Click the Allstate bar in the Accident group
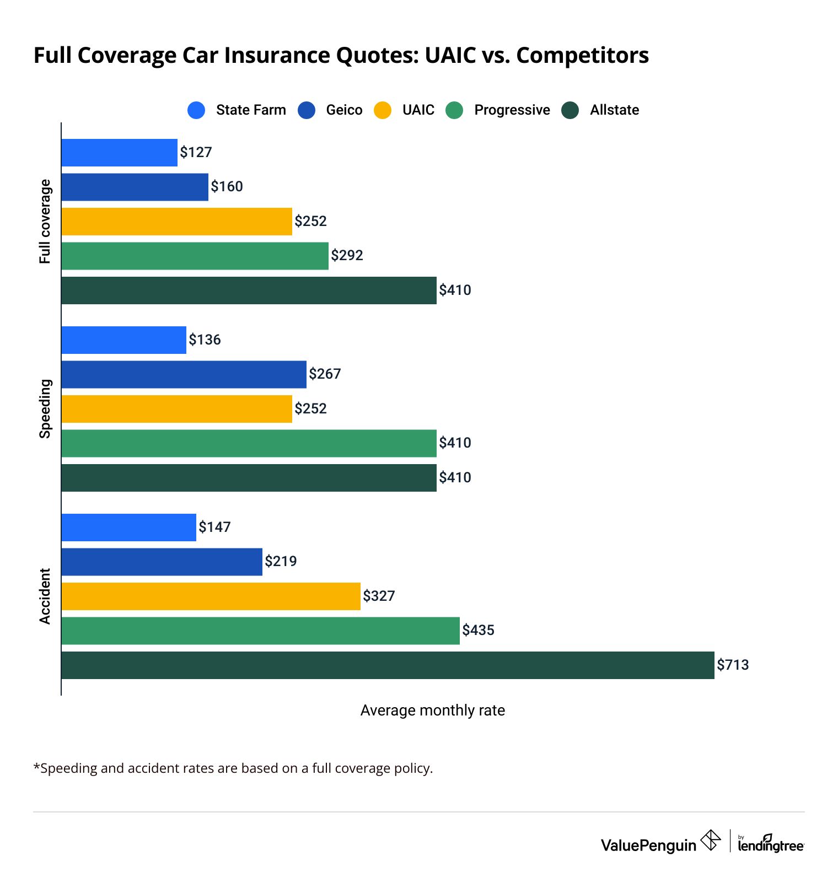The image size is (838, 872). (388, 665)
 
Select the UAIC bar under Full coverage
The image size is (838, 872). (176, 221)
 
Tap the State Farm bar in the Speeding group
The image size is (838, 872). (123, 340)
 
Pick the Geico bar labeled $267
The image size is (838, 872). (184, 374)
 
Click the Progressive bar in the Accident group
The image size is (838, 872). (260, 631)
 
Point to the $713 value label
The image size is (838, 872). (733, 665)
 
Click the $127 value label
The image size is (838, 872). (196, 152)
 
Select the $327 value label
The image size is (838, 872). (379, 596)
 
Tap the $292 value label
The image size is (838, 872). (347, 255)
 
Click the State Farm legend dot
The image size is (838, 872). (196, 110)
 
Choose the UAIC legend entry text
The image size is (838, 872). (418, 110)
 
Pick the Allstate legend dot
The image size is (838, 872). (570, 110)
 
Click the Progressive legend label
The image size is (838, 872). (512, 110)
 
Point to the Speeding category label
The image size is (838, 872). (45, 408)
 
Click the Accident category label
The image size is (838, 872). (45, 596)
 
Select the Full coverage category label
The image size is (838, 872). (45, 221)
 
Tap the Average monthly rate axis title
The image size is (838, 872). (432, 710)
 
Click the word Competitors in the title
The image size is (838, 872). (582, 56)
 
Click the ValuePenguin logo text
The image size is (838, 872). (648, 845)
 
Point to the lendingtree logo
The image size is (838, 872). (770, 843)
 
